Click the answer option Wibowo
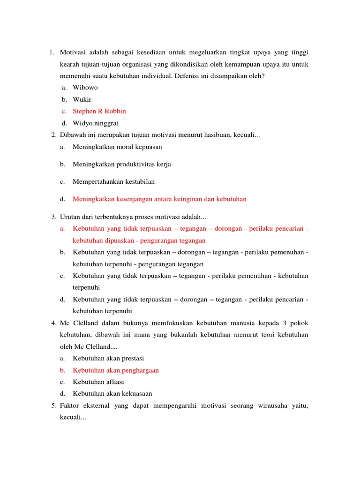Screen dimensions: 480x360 click(x=85, y=87)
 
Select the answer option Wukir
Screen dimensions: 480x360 click(x=82, y=99)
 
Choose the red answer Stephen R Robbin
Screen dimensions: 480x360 click(x=99, y=111)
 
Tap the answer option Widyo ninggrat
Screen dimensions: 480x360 click(x=96, y=123)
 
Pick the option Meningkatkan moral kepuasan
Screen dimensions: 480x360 click(x=117, y=147)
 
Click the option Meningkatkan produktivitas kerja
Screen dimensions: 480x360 click(x=122, y=164)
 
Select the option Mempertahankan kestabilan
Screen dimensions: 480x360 click(x=113, y=181)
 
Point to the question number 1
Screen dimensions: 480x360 click(x=52, y=52)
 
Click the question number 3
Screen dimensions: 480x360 click(x=53, y=217)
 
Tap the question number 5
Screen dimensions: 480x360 click(x=53, y=405)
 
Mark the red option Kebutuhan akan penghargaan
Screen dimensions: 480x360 click(x=116, y=370)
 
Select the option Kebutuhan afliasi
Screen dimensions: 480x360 click(x=98, y=382)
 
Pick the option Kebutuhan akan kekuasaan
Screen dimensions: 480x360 click(x=112, y=394)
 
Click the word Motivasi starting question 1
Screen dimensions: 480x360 click(x=73, y=52)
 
